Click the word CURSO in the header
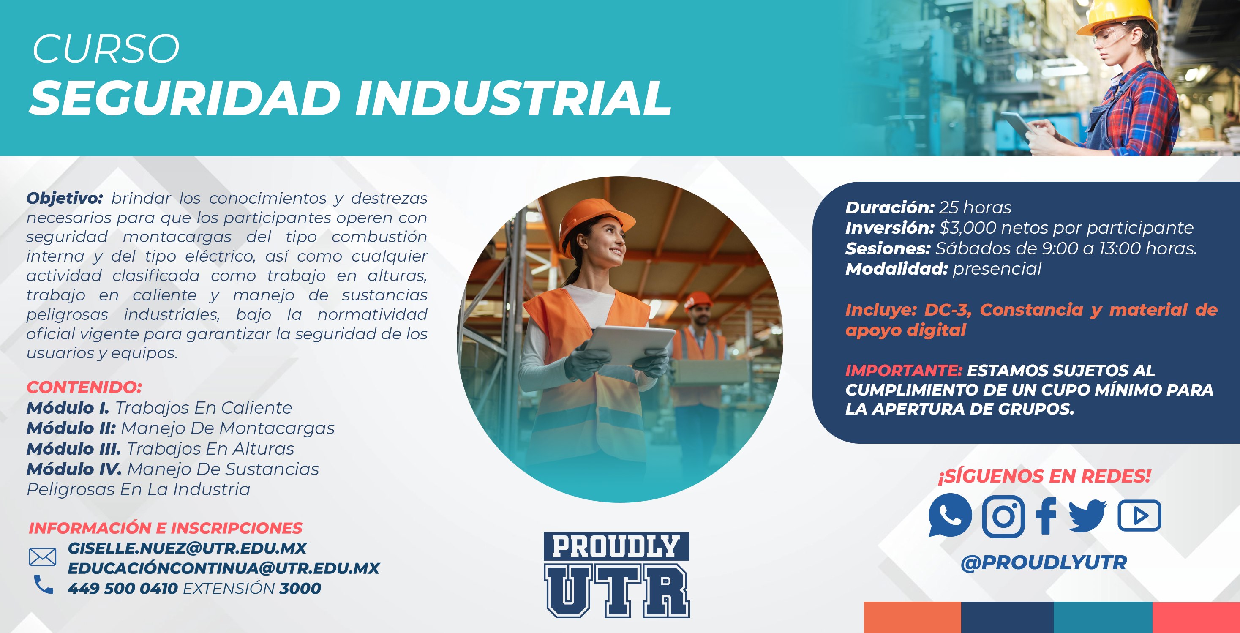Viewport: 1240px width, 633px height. coord(106,49)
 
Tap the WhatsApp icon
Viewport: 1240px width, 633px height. coord(950,515)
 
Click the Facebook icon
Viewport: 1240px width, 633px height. coord(1046,516)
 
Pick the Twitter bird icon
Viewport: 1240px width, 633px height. coord(1087,516)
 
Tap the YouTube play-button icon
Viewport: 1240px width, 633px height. coord(1139,516)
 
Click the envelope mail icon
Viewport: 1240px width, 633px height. coord(42,557)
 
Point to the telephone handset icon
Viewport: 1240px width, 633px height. coord(44,584)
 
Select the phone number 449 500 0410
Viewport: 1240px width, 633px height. coord(123,588)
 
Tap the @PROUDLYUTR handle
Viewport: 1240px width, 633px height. coord(1044,562)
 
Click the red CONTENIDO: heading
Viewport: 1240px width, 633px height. coord(84,387)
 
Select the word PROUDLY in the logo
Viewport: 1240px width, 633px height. coord(616,546)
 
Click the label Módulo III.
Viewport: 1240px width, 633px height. coord(74,449)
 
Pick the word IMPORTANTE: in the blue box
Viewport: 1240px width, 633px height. coord(904,370)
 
